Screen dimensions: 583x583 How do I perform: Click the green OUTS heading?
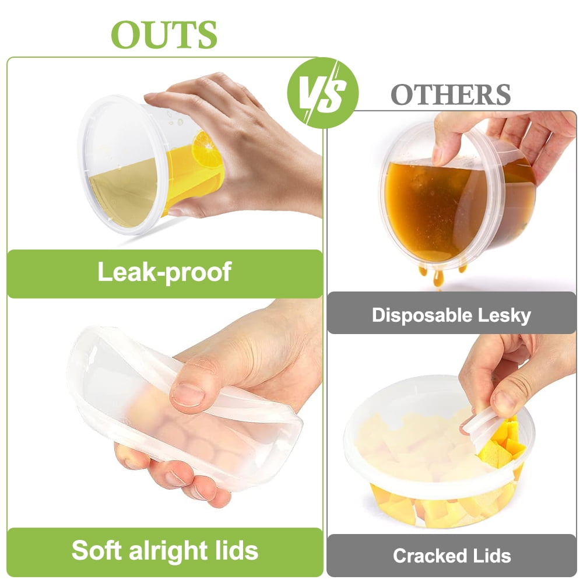(x=164, y=34)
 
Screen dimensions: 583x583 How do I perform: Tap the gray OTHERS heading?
(x=451, y=94)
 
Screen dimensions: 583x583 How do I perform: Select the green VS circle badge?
(x=323, y=93)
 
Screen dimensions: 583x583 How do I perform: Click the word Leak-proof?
(x=164, y=272)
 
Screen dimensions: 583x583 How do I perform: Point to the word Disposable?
(x=422, y=315)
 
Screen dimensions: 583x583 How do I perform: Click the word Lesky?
(x=504, y=315)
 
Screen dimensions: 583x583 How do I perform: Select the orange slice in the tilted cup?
(x=207, y=149)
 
